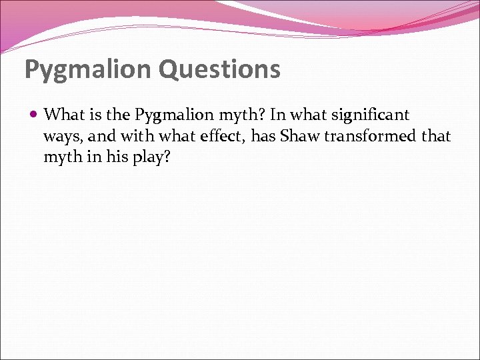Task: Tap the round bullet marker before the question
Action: (x=34, y=115)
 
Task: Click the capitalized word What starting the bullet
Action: (x=61, y=115)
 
